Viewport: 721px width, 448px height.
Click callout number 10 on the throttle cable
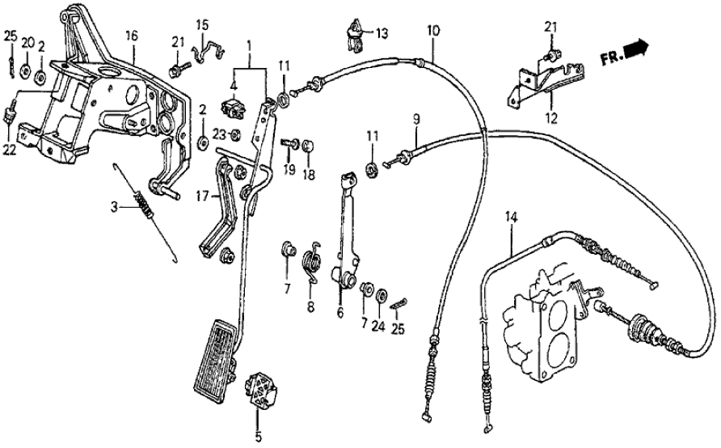pos(433,32)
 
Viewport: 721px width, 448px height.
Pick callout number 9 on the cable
pos(416,120)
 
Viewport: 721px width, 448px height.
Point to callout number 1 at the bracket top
pos(250,44)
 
